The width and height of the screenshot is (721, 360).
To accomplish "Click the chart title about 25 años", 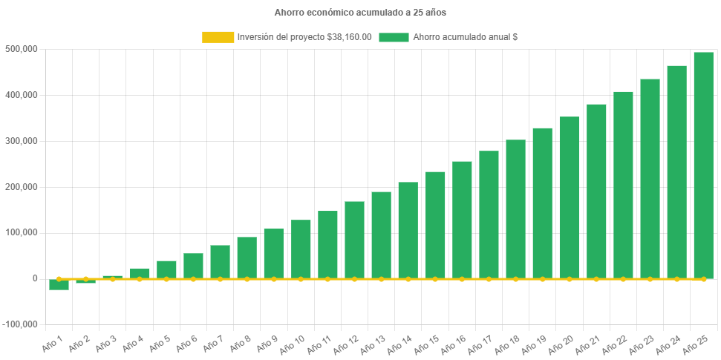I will pyautogui.click(x=360, y=13).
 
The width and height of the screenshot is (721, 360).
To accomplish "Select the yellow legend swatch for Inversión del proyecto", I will pyautogui.click(x=217, y=37).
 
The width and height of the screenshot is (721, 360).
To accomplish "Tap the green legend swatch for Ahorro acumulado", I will pyautogui.click(x=394, y=37).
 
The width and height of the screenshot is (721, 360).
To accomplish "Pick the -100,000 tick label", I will pyautogui.click(x=21, y=324).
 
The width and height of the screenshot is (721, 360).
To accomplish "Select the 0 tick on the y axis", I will pyautogui.click(x=34, y=278).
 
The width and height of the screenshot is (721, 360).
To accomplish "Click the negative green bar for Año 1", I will pyautogui.click(x=59, y=285).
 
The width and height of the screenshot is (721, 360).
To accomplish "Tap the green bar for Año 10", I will pyautogui.click(x=301, y=249).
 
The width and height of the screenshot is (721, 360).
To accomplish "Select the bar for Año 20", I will pyautogui.click(x=570, y=197).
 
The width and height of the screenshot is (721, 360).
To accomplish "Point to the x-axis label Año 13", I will pyautogui.click(x=372, y=343).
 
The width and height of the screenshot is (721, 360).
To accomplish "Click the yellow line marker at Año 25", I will pyautogui.click(x=703, y=279).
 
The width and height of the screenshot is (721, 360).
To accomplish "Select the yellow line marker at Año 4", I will pyautogui.click(x=140, y=279).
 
